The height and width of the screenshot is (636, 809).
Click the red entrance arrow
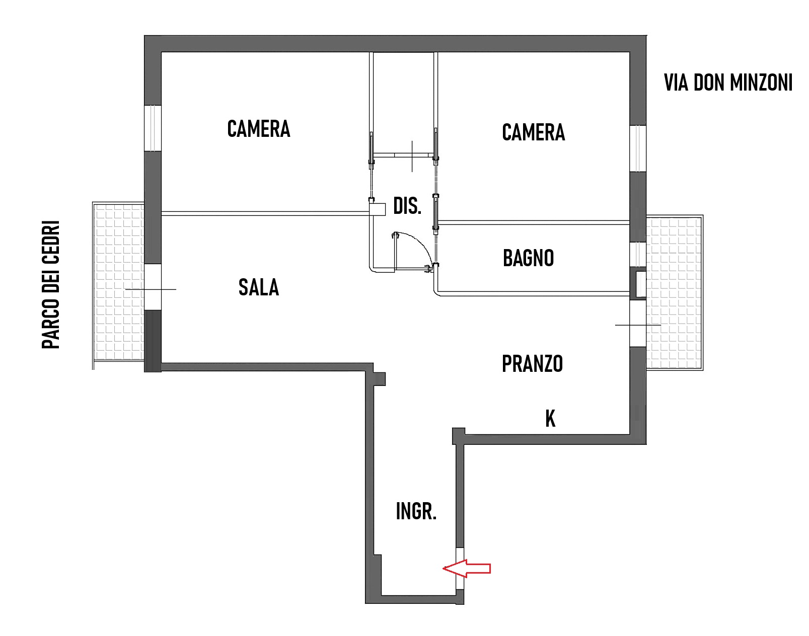(467, 569)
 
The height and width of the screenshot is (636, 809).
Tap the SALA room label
(259, 287)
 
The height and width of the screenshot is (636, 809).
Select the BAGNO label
(528, 258)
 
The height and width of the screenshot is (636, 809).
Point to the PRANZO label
(532, 363)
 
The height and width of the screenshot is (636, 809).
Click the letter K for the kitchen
(550, 418)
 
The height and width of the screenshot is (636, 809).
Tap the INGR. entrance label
(416, 511)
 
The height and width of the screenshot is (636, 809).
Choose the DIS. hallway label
(407, 206)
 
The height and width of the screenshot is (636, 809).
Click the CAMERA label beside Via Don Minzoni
(534, 132)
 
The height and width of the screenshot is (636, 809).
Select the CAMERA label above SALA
(259, 129)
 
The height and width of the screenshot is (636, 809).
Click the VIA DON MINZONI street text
(728, 83)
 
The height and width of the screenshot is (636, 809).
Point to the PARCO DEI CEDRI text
(51, 285)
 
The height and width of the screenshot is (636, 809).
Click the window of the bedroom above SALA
(153, 128)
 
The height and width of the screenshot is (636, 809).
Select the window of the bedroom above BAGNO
(638, 148)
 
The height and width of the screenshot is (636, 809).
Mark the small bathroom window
(638, 255)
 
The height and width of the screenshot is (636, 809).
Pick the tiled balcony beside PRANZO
(675, 293)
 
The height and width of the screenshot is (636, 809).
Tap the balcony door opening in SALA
(153, 287)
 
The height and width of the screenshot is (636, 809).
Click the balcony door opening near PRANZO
(638, 323)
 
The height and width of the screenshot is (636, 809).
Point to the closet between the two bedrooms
(403, 103)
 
